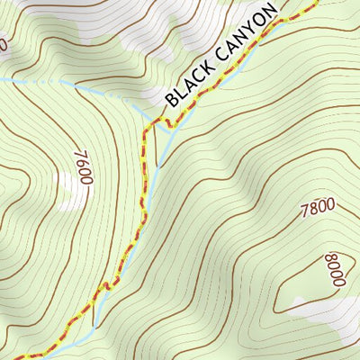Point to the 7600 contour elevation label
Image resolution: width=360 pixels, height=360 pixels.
pyautogui.click(x=80, y=167)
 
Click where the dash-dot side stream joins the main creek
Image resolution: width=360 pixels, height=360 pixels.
pyautogui.click(x=146, y=114)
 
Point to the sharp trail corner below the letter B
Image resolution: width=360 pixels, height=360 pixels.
pyautogui.click(x=143, y=126)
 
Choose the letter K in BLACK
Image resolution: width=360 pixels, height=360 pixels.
pyautogui.click(x=206, y=72)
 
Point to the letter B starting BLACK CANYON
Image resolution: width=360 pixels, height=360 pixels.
pyautogui.click(x=171, y=98)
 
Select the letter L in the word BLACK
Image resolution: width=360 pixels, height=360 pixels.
pyautogui.click(x=179, y=91)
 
